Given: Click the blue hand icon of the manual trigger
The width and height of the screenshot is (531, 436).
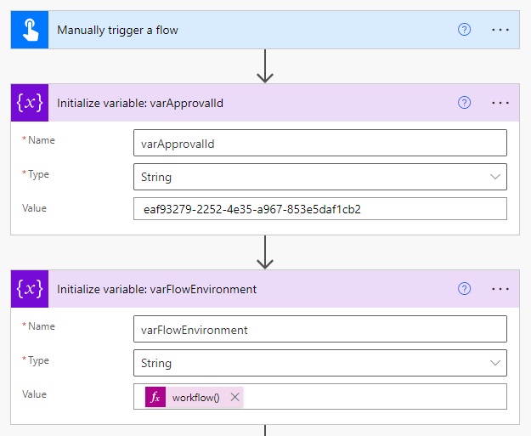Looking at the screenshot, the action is coord(30,30).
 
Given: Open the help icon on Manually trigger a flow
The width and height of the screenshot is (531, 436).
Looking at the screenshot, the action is coord(464,30).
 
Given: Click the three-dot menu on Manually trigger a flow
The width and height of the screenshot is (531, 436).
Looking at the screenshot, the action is coord(500,30).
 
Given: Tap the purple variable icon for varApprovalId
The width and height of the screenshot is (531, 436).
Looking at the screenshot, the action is coord(30,103).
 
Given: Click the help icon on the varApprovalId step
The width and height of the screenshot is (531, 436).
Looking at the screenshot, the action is coord(464,102).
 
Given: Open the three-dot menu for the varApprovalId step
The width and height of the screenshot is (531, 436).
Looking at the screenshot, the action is coord(500,103).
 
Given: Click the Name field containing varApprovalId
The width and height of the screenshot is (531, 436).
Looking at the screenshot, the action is coord(320,143).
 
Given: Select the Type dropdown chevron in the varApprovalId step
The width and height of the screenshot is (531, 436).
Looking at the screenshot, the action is coord(495,177).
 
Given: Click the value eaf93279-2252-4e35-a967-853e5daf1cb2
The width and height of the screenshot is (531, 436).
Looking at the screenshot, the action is coord(252,209).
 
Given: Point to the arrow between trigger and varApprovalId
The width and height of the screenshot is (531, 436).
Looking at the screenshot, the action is coord(265,66).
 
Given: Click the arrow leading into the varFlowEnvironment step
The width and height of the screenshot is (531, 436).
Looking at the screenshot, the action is coord(265,252).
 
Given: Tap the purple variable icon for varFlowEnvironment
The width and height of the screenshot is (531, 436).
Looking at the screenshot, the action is coord(30,289).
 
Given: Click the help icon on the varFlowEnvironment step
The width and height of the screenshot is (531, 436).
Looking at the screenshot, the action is coord(464,289).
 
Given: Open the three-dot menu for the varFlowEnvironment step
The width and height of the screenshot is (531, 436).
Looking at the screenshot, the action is coord(500,289).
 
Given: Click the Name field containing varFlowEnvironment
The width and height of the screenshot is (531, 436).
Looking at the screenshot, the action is coord(320,329).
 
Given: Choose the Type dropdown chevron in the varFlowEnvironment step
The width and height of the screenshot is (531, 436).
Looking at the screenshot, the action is coord(495,363).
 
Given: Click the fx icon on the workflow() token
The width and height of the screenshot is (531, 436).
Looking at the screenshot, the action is coord(155,397).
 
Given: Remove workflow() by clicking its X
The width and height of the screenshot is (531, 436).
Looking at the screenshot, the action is coord(234,397).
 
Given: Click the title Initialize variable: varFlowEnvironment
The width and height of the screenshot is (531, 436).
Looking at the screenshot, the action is coord(157,289).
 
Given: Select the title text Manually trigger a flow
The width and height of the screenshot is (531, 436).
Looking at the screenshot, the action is coord(117,30).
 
